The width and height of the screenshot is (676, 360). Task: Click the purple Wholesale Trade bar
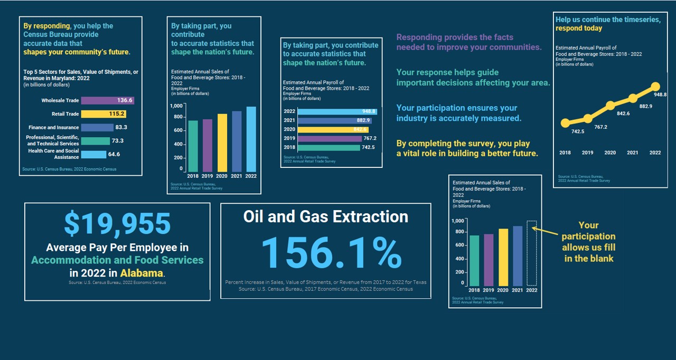(108, 100)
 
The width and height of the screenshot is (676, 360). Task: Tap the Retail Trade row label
(65, 114)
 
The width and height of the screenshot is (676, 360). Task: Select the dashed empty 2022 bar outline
(532, 253)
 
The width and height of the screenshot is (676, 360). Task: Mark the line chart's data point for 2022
(655, 87)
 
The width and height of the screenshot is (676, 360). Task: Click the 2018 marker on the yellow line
(565, 123)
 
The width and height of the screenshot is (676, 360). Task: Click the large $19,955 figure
(117, 224)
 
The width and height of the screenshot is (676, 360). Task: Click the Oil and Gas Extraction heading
(325, 216)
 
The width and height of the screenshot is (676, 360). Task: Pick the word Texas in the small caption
(419, 282)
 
